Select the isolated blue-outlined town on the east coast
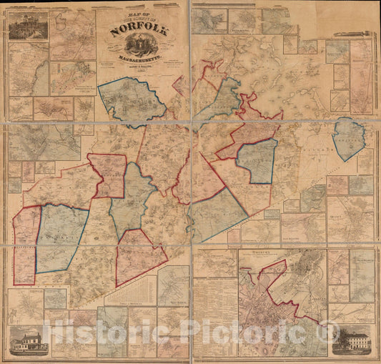350,139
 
